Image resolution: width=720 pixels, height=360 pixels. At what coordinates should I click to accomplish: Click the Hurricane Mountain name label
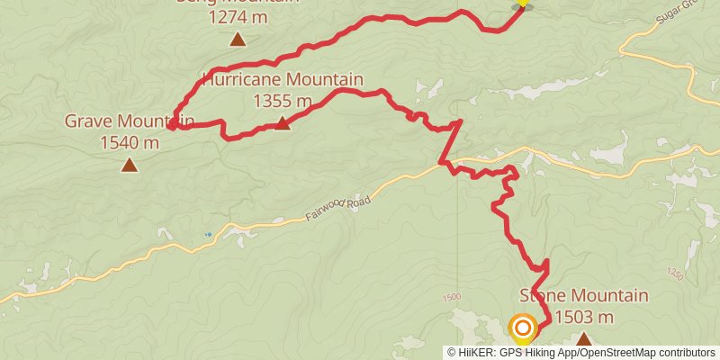click(x=283, y=80)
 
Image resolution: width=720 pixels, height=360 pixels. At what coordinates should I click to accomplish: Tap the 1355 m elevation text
click(x=283, y=101)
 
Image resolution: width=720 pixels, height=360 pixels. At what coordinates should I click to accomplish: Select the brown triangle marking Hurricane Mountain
click(x=283, y=123)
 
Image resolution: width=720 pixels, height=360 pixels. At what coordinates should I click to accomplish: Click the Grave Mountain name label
click(x=130, y=121)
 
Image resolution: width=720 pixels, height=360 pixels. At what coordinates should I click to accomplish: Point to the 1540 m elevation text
click(x=130, y=142)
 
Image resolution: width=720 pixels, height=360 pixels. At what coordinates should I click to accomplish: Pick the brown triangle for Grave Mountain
click(x=130, y=165)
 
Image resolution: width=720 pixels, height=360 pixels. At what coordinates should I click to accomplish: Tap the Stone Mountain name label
click(x=584, y=296)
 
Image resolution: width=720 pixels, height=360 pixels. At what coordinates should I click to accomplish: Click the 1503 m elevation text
click(x=584, y=317)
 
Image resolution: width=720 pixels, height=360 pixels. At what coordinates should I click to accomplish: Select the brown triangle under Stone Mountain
click(x=584, y=339)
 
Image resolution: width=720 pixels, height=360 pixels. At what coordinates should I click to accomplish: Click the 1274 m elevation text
click(x=238, y=16)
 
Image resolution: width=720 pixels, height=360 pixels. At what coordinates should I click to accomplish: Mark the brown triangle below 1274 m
click(x=238, y=39)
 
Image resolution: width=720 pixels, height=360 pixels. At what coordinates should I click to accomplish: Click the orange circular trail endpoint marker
click(x=523, y=328)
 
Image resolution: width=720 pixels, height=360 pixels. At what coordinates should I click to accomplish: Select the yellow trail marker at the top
click(x=521, y=4)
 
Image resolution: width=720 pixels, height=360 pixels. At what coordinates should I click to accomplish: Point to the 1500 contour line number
click(x=452, y=298)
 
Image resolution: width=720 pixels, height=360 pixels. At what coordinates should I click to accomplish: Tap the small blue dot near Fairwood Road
click(x=208, y=235)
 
